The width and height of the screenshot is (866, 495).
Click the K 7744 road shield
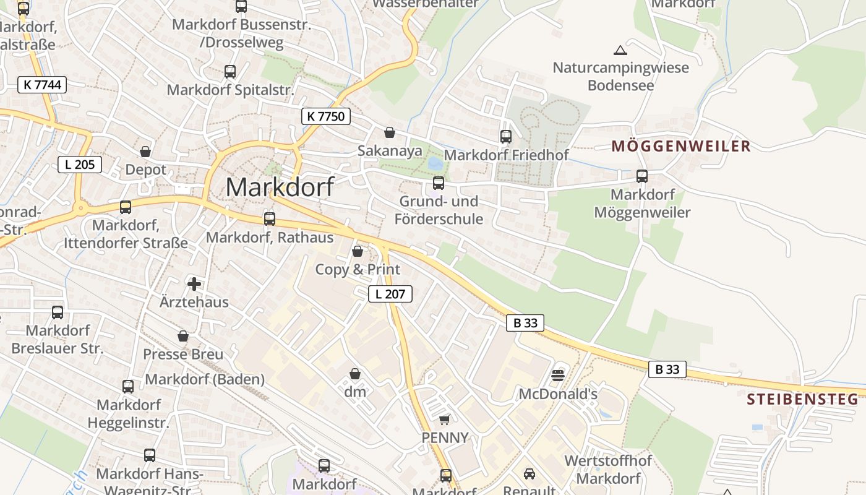click(x=42, y=85)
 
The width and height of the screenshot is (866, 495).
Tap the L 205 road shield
click(x=80, y=165)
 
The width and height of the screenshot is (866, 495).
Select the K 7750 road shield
click(x=326, y=116)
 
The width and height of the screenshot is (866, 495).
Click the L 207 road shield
click(x=390, y=294)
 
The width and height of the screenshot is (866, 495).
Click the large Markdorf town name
click(x=280, y=187)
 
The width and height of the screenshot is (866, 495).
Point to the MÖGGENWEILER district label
click(x=681, y=147)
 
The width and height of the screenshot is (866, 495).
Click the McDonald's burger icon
click(x=558, y=375)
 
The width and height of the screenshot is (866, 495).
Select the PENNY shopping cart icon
click(x=444, y=420)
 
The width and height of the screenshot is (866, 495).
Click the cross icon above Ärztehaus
click(x=194, y=284)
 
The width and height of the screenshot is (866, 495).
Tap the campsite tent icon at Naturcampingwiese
click(x=620, y=50)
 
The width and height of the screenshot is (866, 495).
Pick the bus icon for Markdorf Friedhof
click(x=506, y=137)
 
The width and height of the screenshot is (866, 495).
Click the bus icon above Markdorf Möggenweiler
click(x=642, y=176)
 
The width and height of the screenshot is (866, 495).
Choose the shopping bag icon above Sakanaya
click(x=390, y=132)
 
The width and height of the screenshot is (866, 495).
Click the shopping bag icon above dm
click(x=355, y=374)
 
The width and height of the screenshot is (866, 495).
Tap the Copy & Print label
click(x=358, y=270)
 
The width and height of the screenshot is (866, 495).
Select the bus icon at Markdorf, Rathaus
click(x=270, y=218)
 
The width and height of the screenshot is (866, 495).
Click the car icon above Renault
click(x=529, y=474)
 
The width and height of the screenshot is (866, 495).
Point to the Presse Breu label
click(x=183, y=355)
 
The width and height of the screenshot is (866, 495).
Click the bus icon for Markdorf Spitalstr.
click(x=230, y=72)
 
